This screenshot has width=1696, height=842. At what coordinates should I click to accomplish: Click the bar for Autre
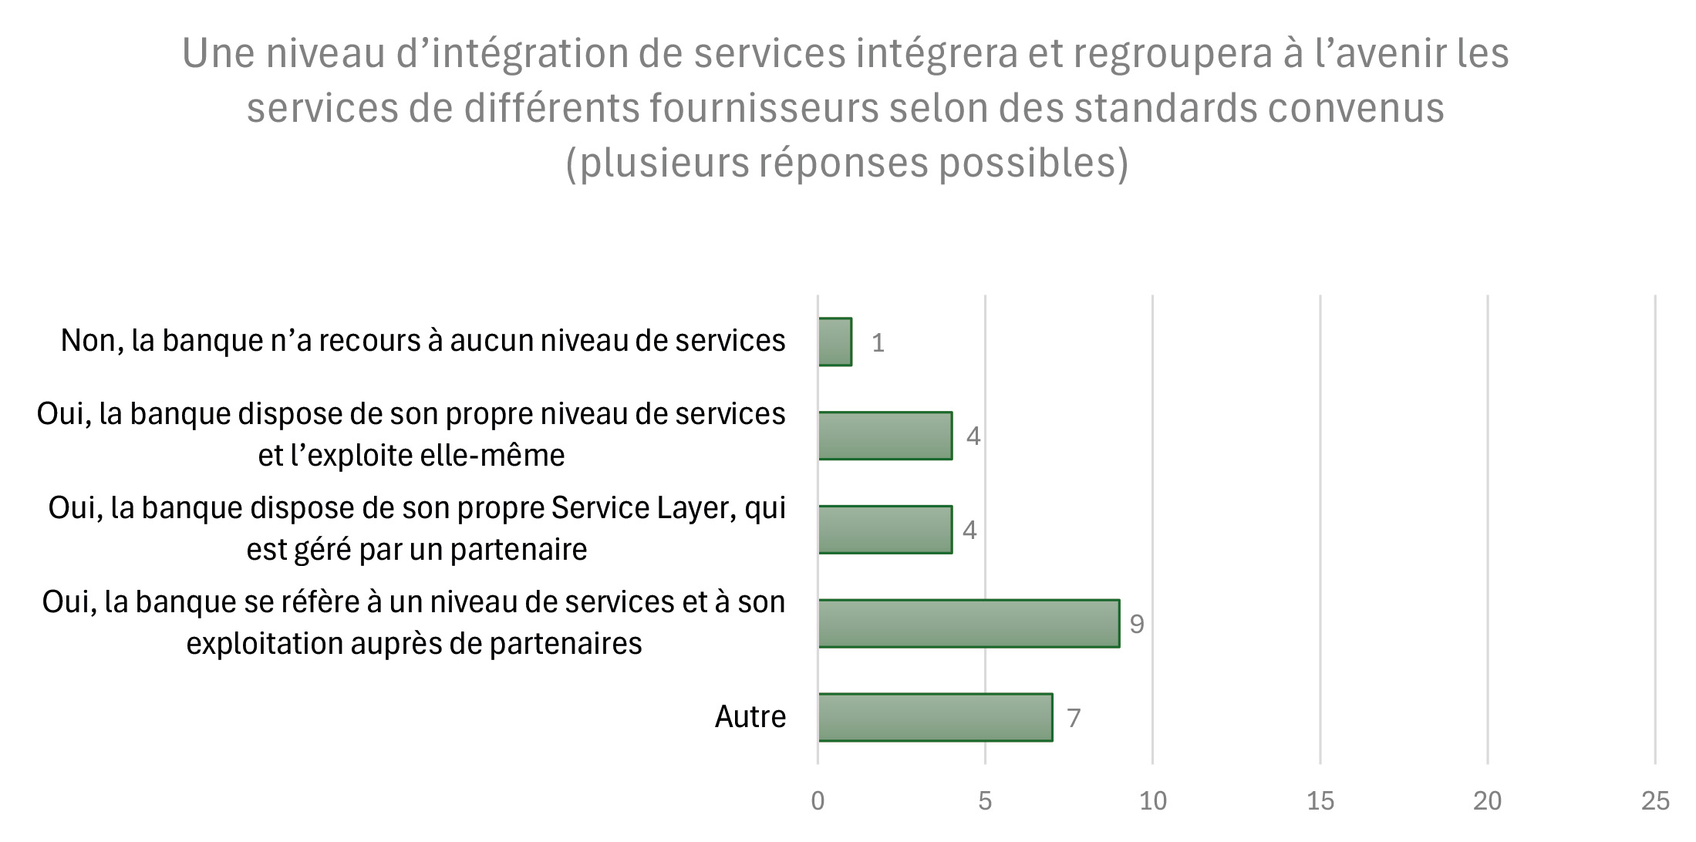(935, 717)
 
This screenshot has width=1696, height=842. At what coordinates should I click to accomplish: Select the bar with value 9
(969, 623)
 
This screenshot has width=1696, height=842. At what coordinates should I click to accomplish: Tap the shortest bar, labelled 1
(835, 342)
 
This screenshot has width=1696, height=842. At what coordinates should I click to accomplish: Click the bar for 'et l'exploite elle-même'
(885, 436)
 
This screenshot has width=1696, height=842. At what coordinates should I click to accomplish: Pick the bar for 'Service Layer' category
(885, 530)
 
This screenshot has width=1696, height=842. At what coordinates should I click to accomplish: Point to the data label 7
(1074, 719)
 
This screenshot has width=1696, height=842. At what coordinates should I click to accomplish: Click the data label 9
(1137, 625)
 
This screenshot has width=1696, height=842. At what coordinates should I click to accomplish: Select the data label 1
(878, 343)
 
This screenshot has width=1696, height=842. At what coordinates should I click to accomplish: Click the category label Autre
(750, 717)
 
